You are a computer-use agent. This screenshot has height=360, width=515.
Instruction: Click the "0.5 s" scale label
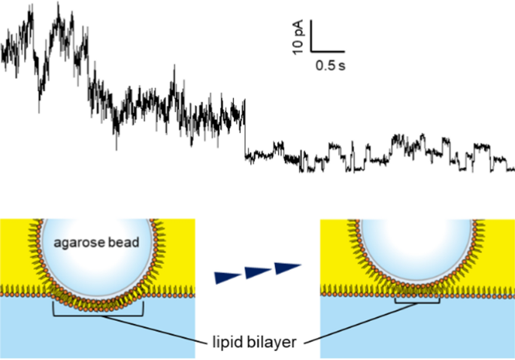[329, 66]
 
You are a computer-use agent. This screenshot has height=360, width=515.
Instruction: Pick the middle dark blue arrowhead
[256, 271]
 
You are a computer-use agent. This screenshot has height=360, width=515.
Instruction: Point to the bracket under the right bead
[417, 304]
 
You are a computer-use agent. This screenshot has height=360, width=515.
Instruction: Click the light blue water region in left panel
[45, 331]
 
